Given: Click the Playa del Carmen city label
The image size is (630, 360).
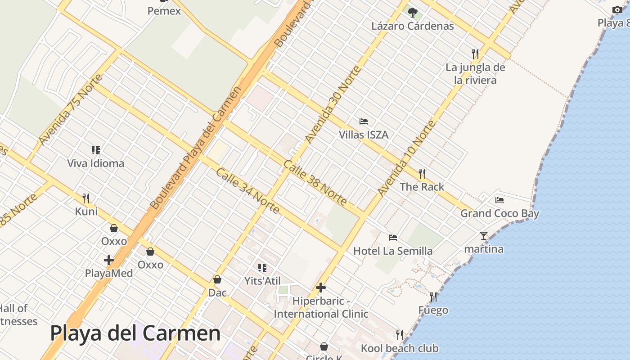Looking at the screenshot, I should [135, 333].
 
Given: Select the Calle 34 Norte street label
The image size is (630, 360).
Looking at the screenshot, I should [247, 191].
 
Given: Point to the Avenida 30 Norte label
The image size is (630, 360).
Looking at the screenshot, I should [333, 104].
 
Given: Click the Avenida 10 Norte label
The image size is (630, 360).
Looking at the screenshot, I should [407, 158].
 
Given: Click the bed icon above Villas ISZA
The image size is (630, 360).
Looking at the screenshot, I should [364, 121].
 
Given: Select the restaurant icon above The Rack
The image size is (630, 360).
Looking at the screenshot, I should [422, 173].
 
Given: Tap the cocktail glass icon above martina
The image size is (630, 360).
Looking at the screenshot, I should [484, 235].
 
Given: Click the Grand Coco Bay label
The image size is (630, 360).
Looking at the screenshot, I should [499, 213].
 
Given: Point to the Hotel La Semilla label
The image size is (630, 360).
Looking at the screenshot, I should [393, 251].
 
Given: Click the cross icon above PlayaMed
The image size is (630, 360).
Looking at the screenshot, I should [108, 260].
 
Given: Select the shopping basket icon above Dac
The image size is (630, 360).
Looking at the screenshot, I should [217, 279].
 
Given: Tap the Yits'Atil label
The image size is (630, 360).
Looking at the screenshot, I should [262, 281].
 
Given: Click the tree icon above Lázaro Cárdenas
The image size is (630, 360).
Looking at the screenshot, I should [412, 12].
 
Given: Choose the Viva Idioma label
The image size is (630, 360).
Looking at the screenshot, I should [96, 163].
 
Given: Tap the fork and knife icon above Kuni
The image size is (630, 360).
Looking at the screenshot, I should [86, 198].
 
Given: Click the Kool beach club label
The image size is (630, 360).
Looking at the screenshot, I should [400, 348].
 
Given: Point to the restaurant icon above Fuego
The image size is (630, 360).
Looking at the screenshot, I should [433, 297].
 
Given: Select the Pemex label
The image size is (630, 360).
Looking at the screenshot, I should [164, 11].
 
